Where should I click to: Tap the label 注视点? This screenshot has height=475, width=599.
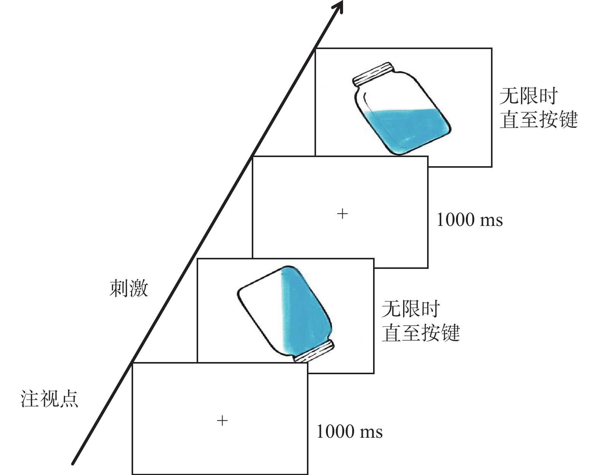(49, 399)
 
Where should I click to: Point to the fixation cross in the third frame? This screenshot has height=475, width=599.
(342, 214)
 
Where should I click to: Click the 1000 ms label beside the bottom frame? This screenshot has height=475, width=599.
(350, 432)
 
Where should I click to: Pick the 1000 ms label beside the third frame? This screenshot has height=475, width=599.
(469, 220)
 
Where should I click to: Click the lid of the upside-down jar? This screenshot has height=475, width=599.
(314, 353)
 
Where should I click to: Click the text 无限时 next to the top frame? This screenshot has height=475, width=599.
(529, 96)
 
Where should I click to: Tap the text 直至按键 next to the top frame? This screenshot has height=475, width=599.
(539, 119)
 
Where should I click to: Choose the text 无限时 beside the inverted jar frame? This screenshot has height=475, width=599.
(411, 309)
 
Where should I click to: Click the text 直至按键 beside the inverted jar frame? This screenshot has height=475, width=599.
(421, 333)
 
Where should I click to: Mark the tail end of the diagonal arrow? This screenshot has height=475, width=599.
(73, 463)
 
